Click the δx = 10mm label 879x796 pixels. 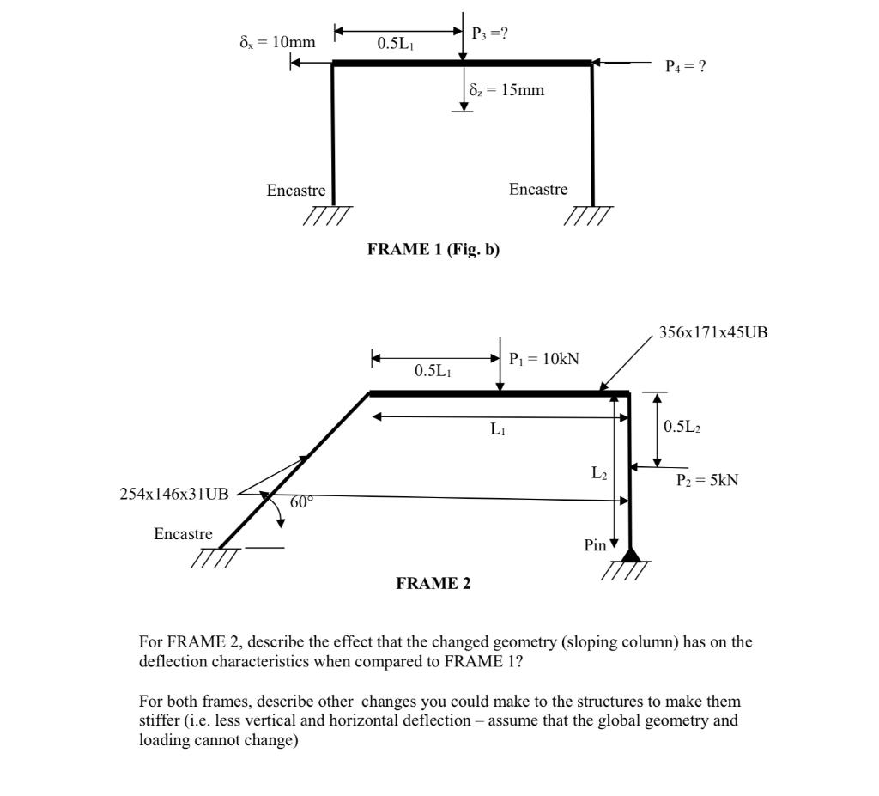tap(276, 42)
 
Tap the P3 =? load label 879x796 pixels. tap(489, 33)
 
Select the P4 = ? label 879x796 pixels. tap(686, 66)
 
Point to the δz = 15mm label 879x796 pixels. tap(506, 90)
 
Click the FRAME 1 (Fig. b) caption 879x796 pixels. tap(433, 249)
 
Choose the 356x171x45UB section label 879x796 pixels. tap(712, 331)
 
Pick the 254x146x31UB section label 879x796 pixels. tap(174, 494)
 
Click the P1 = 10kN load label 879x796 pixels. tap(543, 359)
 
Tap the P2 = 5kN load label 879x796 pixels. tap(706, 481)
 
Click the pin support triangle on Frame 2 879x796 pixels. tap(631, 554)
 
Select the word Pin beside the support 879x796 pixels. tap(595, 545)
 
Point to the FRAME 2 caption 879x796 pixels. tap(433, 584)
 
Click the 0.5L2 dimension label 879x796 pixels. tap(682, 427)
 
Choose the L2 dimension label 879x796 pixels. tap(599, 472)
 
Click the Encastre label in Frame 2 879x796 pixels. tap(183, 534)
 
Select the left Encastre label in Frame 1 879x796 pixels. tap(295, 191)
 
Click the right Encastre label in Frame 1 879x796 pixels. tap(537, 189)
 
